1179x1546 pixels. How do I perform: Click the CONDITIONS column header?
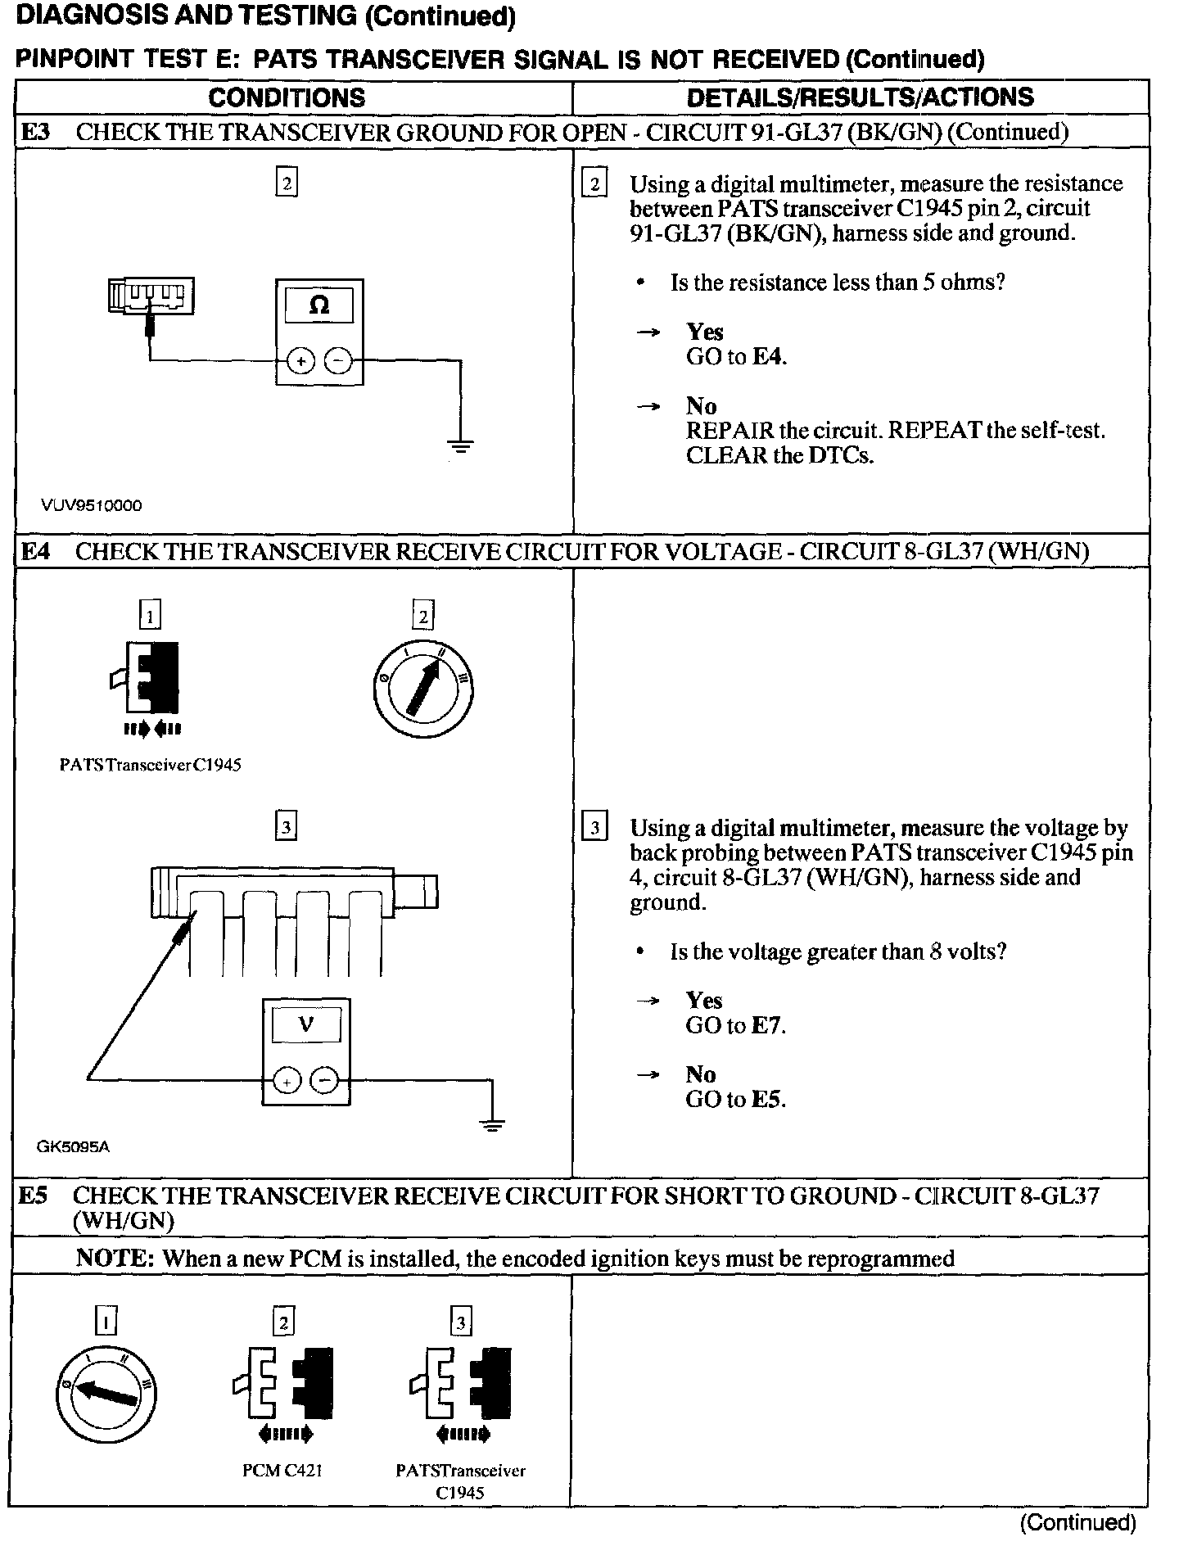[x=287, y=97]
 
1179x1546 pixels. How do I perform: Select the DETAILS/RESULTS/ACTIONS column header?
[x=860, y=97]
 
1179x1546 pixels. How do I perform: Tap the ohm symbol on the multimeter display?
[x=319, y=306]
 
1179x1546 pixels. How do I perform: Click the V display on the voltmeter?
[x=306, y=1024]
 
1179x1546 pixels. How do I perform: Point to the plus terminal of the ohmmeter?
[x=300, y=360]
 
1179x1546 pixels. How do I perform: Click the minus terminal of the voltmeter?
[x=325, y=1081]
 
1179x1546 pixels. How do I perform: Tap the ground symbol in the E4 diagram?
[x=491, y=1124]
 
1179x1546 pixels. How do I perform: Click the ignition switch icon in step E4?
[x=423, y=687]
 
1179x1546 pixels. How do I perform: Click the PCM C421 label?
[x=282, y=1470]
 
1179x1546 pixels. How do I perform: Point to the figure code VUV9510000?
[x=91, y=506]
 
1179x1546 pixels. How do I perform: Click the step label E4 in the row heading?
[x=34, y=552]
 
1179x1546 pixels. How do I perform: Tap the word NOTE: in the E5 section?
[x=115, y=1258]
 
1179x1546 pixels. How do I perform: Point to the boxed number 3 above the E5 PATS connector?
[x=461, y=1322]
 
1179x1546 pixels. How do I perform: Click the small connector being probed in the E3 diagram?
[x=151, y=296]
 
